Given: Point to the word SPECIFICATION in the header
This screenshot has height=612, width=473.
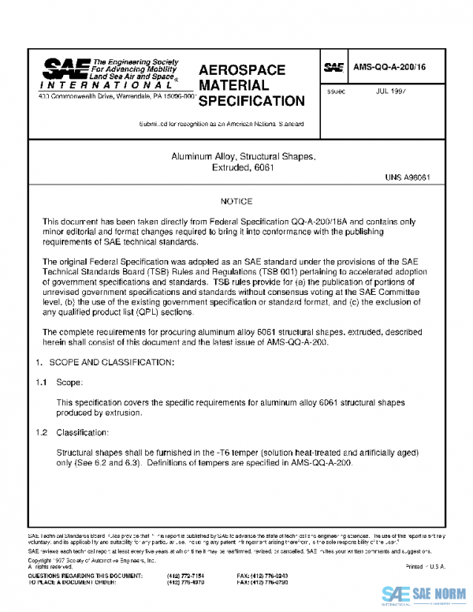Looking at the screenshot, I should coord(251,101).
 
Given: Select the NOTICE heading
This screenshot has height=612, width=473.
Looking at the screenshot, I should coord(236,202).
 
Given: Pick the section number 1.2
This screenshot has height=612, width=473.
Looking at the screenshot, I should coord(39,433).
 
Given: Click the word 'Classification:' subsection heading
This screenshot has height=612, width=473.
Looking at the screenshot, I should coord(83,433).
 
